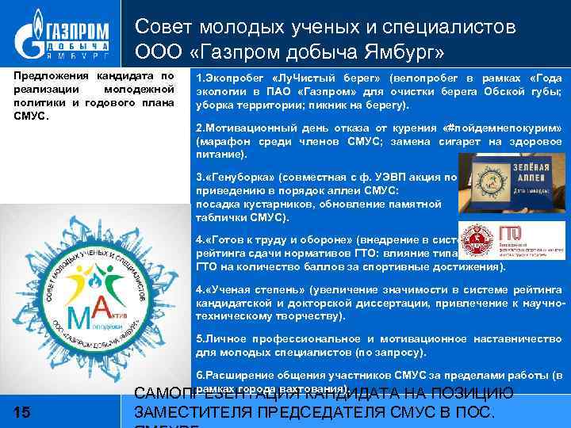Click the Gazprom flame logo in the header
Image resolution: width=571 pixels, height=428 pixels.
tap(31, 34)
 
